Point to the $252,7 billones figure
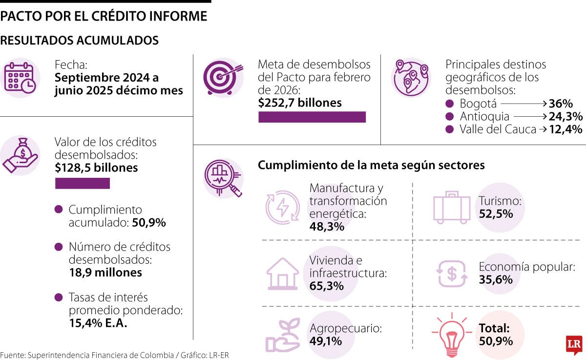(x=300, y=103)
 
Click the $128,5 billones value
(x=96, y=168)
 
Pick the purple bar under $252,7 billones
(x=312, y=117)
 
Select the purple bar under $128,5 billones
(x=82, y=184)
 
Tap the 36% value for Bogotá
(x=560, y=104)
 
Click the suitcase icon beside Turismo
(x=451, y=208)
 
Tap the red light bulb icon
(x=452, y=335)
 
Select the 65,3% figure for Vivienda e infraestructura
(x=327, y=286)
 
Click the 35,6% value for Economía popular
(x=496, y=280)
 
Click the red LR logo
(x=573, y=345)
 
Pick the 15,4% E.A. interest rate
(x=98, y=323)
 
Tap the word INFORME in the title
(x=179, y=16)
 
